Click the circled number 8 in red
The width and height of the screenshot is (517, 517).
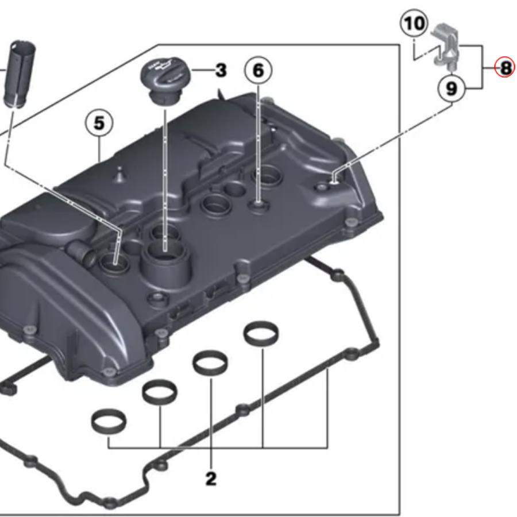[x=505, y=68]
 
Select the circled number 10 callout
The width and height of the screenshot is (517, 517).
[x=414, y=24]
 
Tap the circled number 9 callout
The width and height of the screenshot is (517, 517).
[x=452, y=88]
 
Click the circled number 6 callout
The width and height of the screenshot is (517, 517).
[x=258, y=70]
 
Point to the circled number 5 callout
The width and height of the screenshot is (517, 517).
[x=99, y=123]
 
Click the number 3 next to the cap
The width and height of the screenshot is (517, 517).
[x=221, y=71]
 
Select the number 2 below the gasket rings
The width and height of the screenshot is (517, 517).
[x=211, y=478]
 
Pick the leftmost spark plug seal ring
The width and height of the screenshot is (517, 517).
[x=105, y=422]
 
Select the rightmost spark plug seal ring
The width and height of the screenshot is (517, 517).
[x=261, y=333]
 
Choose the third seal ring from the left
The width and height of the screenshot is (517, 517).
[x=210, y=362]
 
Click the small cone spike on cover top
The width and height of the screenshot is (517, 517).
[x=119, y=173]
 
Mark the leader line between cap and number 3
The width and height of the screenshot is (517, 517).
[x=202, y=71]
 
